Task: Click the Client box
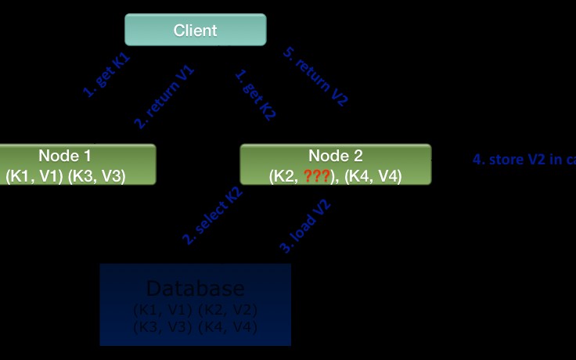pos(196,31)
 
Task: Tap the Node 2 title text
pos(335,156)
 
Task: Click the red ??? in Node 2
pos(317,176)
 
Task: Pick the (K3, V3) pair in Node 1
pos(96,176)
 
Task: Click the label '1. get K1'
pos(106,75)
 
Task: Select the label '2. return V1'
pos(164,97)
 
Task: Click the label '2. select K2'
pos(213,216)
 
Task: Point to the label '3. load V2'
pos(306,227)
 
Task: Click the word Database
pos(195,288)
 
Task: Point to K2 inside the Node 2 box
pos(283,176)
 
